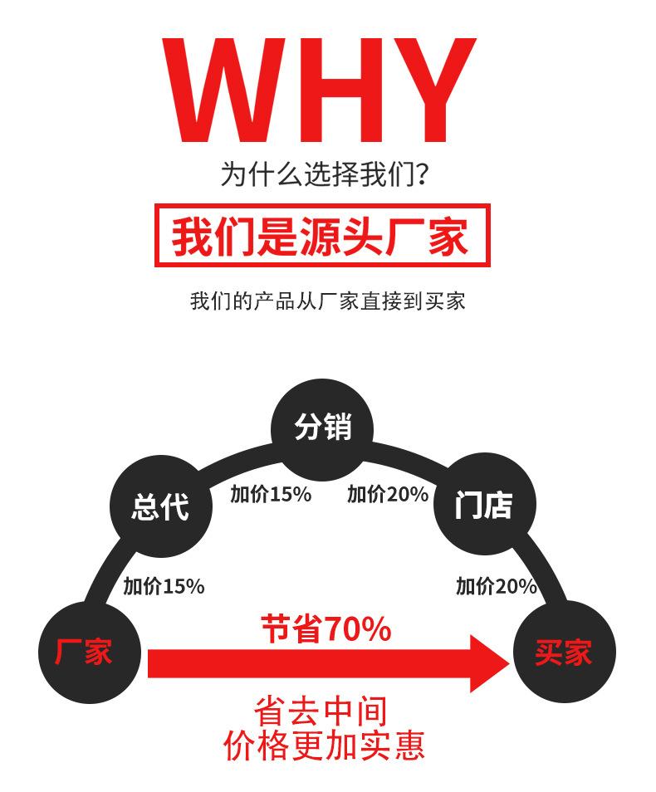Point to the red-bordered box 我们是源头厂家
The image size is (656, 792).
click(322, 236)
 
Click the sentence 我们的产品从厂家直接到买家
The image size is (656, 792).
click(327, 301)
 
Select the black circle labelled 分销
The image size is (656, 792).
click(322, 428)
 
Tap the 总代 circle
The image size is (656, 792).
click(161, 506)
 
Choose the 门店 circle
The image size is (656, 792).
click(485, 504)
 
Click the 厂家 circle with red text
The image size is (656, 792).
click(85, 652)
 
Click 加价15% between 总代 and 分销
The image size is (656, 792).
click(271, 495)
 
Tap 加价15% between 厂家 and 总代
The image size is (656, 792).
click(164, 586)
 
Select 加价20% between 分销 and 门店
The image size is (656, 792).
click(388, 495)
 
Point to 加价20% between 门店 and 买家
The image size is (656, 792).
click(497, 586)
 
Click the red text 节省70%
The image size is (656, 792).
click(326, 629)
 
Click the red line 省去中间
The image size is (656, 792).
click(322, 711)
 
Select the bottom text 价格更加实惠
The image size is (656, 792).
click(324, 745)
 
